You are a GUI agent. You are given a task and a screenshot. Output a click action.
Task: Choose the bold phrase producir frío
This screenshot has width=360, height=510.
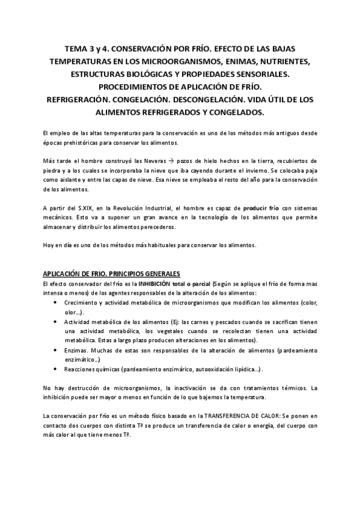(x=260, y=207)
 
